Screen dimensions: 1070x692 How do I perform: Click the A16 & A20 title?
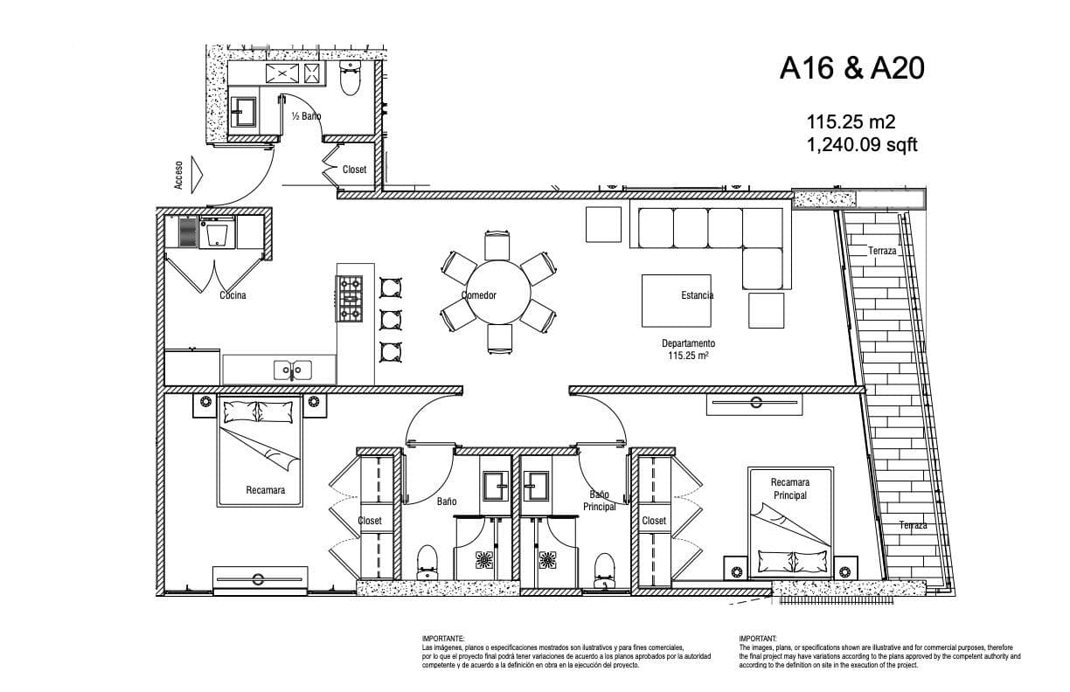851,68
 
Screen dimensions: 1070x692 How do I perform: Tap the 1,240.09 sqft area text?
862,144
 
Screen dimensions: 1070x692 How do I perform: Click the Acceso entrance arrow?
197,175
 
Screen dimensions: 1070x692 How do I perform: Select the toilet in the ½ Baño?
351,78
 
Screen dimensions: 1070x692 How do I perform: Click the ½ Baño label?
306,116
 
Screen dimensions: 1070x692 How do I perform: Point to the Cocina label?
233,295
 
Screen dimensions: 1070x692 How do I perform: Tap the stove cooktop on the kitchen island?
350,299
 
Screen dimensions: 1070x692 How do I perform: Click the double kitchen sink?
293,370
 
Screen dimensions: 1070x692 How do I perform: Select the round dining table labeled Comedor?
497,293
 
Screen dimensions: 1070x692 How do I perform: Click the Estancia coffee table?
676,301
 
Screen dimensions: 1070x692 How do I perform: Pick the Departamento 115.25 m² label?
688,349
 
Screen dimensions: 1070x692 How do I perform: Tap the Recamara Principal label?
790,488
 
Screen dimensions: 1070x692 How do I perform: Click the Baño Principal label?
599,500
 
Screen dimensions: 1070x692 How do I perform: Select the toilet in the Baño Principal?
604,571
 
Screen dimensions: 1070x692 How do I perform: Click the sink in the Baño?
496,486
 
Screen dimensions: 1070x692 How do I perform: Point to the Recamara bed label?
265,490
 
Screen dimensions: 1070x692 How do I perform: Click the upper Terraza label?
882,251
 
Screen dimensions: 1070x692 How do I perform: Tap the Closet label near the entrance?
354,170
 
